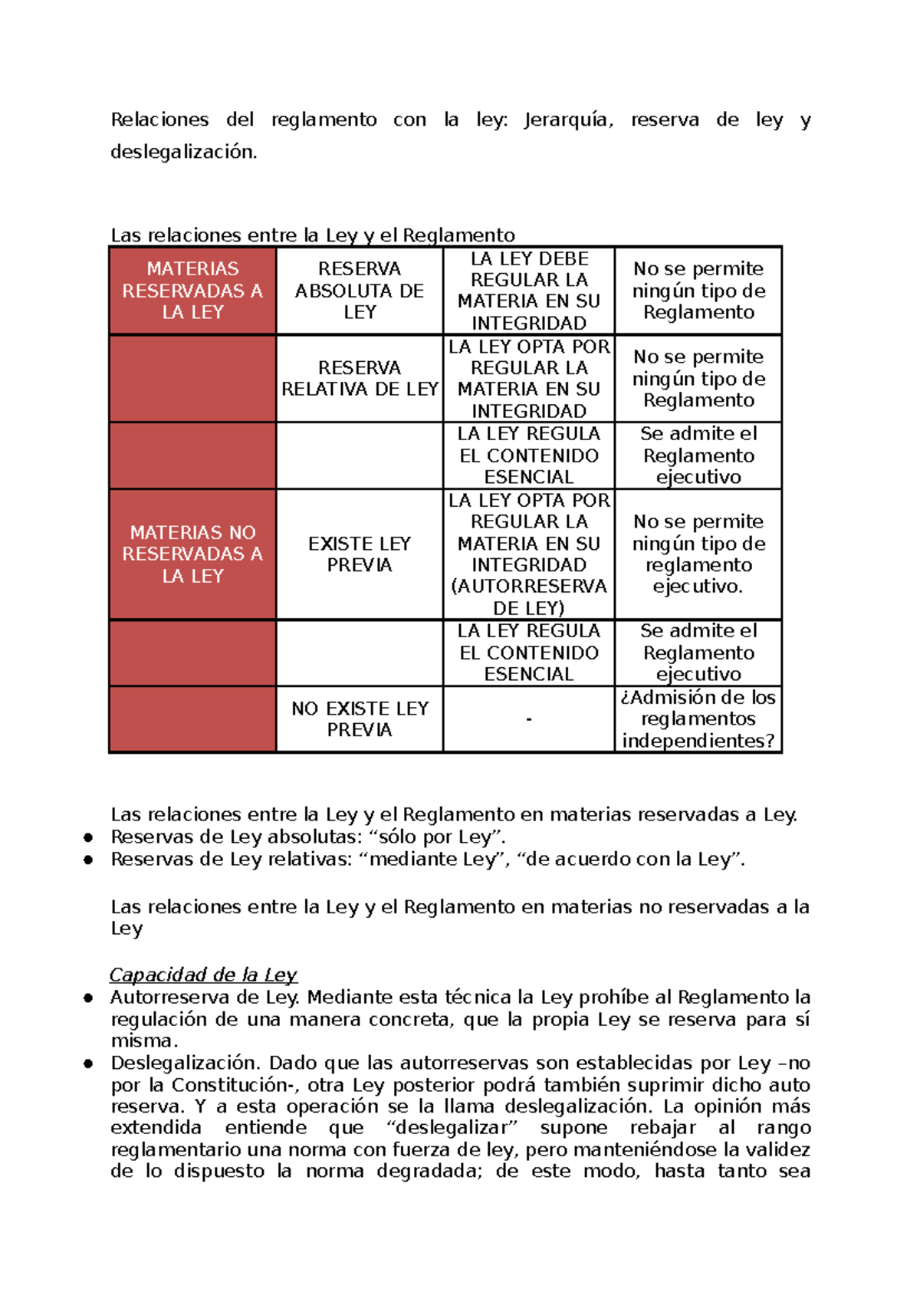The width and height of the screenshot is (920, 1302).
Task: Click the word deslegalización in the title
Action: pos(183,152)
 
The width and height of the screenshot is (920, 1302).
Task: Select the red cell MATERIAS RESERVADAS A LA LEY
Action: pos(192,291)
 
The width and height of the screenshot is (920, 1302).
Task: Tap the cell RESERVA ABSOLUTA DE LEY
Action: pos(360,291)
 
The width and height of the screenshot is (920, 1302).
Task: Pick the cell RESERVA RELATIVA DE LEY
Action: pos(360,379)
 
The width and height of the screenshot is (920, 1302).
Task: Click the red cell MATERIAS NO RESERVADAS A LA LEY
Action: pos(192,554)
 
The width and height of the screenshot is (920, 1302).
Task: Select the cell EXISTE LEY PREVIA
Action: pos(360,554)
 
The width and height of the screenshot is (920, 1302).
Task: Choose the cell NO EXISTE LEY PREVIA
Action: pos(360,718)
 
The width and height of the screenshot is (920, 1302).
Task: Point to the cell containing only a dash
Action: pos(529,719)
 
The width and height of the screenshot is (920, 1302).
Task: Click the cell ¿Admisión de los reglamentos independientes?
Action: pos(698,718)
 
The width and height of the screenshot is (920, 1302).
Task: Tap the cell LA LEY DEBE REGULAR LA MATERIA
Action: pos(529,291)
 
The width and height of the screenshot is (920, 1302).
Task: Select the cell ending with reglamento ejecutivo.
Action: pos(698,554)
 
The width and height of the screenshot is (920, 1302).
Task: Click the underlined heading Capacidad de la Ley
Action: pos(203,975)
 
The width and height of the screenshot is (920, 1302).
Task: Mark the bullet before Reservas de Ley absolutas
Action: pos(89,837)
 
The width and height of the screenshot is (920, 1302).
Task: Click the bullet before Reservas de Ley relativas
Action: pos(89,860)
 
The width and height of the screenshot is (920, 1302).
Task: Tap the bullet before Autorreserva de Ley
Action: pos(89,998)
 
